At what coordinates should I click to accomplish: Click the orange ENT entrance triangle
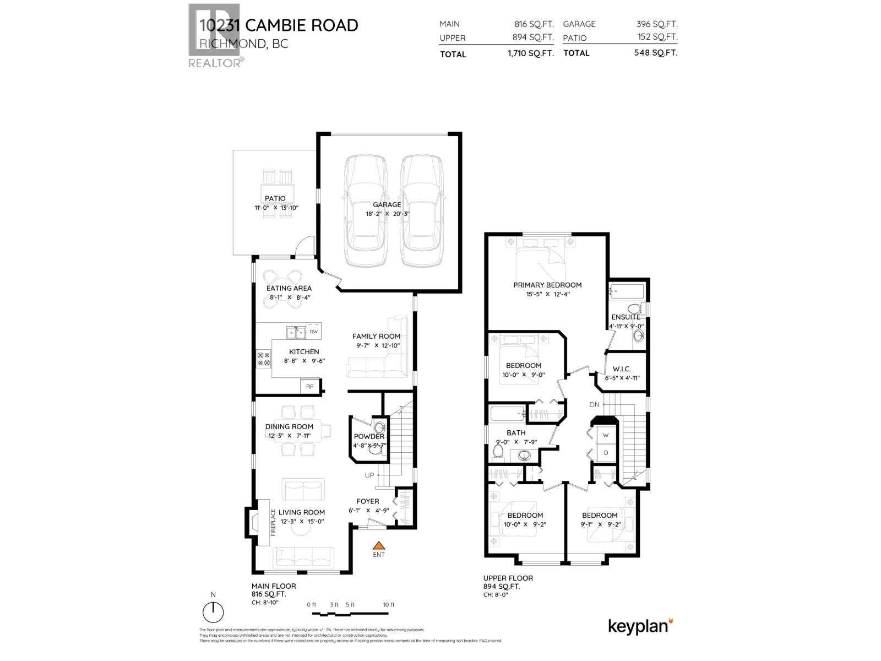(x=378, y=544)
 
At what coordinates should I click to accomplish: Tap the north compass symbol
(x=213, y=611)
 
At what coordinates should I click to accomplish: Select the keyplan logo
(x=640, y=626)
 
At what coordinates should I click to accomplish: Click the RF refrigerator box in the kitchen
(x=309, y=386)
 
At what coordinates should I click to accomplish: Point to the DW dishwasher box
(x=313, y=332)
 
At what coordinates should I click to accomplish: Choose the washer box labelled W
(x=606, y=435)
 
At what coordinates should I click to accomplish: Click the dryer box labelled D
(x=606, y=453)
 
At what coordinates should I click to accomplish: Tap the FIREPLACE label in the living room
(x=273, y=522)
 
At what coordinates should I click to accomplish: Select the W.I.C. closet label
(x=621, y=369)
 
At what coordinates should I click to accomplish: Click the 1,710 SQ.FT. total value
(x=530, y=54)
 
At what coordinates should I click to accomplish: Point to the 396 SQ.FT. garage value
(x=656, y=24)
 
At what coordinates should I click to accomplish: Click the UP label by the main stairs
(x=369, y=475)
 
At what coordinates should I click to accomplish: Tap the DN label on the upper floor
(x=594, y=404)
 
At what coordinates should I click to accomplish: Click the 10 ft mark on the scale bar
(x=389, y=605)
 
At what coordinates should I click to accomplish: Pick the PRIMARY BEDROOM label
(x=547, y=285)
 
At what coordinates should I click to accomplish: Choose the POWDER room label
(x=369, y=436)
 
